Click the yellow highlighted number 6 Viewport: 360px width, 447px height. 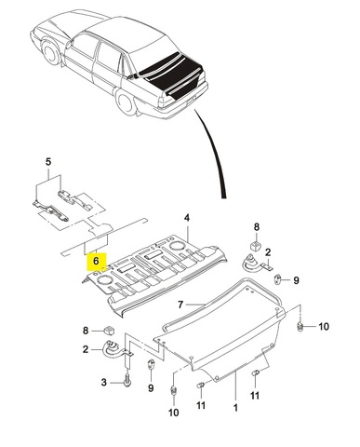click(x=96, y=261)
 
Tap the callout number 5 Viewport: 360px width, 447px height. click(x=48, y=162)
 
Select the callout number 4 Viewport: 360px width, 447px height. click(x=187, y=218)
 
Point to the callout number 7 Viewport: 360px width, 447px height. click(x=180, y=305)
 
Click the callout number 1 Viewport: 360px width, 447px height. click(x=235, y=407)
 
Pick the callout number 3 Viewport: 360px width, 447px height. click(x=104, y=382)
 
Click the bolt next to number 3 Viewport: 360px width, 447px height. click(x=127, y=382)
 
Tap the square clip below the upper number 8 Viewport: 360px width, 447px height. click(x=255, y=246)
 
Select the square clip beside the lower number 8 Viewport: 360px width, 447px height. click(x=109, y=331)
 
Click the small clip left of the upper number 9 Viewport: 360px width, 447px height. click(x=277, y=279)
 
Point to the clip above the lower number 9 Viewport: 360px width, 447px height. click(x=151, y=364)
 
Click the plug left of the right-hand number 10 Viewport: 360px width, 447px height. click(x=300, y=327)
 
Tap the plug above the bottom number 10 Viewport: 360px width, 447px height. click(x=174, y=390)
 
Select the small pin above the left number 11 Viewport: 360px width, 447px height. click(x=201, y=386)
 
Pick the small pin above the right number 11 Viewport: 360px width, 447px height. click(x=255, y=372)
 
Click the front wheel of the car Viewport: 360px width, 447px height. click(x=50, y=51)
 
